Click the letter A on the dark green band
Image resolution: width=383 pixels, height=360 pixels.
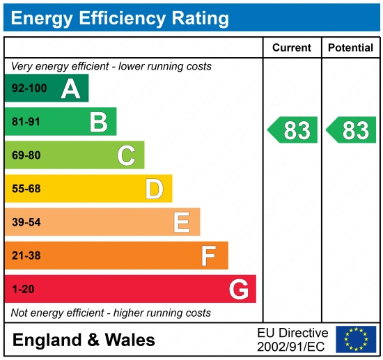[x=70, y=88]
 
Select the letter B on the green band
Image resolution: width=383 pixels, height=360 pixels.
[x=98, y=123]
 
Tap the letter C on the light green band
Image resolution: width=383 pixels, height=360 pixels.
[x=126, y=155]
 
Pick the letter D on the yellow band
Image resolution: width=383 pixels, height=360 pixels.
[x=154, y=189]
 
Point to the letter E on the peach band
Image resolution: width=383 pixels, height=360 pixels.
[x=182, y=222]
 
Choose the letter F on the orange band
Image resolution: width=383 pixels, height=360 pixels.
[x=209, y=256]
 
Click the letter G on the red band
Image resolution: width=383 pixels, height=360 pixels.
[x=239, y=289]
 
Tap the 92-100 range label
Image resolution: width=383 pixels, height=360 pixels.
[x=29, y=89]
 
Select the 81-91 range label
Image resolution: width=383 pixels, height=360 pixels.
[x=26, y=123]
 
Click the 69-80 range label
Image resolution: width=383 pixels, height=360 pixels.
[x=26, y=155]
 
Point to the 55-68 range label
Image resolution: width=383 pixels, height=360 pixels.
[x=26, y=189]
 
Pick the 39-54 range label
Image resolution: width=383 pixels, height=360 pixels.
[x=26, y=222]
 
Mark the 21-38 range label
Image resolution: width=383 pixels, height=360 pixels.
[x=26, y=256]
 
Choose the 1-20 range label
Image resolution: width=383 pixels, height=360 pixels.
[x=23, y=289]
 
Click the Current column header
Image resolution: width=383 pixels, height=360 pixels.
[x=292, y=48]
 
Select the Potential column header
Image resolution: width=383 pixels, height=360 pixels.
[x=351, y=48]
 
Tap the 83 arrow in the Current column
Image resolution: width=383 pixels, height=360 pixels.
[x=293, y=130]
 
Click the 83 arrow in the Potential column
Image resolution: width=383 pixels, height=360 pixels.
[x=352, y=130]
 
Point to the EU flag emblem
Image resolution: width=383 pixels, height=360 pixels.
[x=355, y=339]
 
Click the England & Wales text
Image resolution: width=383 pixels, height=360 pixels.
[x=84, y=341]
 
